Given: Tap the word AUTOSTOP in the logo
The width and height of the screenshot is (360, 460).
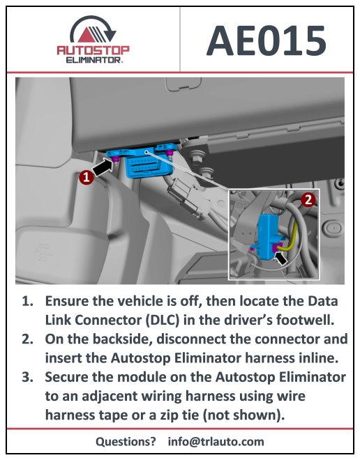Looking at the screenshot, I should pyautogui.click(x=93, y=51).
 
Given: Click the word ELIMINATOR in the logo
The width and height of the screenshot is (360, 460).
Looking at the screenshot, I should pyautogui.click(x=93, y=60).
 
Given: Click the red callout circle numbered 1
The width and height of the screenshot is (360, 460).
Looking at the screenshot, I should pyautogui.click(x=85, y=178).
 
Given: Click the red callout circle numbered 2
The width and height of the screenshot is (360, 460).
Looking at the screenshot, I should pyautogui.click(x=308, y=199).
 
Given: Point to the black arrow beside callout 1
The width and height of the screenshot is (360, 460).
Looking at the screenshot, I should pyautogui.click(x=103, y=167).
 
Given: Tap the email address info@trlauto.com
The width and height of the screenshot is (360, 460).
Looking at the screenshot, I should pyautogui.click(x=216, y=441).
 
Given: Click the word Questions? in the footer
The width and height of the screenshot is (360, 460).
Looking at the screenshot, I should pyautogui.click(x=126, y=441).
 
